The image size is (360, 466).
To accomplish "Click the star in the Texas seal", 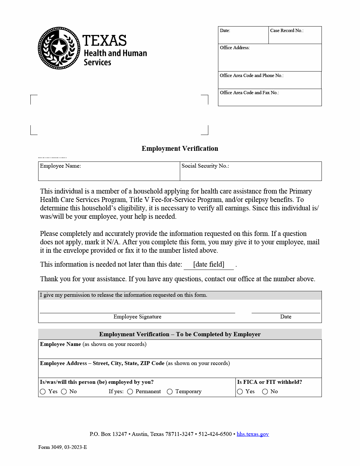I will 59,48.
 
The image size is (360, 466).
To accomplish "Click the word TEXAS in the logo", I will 104,41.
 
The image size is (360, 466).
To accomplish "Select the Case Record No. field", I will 295,36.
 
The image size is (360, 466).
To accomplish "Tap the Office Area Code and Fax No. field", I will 270,99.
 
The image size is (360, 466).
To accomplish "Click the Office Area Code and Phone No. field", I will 270,82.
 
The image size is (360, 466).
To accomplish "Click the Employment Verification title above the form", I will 180,149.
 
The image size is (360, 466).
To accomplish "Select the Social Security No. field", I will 251,173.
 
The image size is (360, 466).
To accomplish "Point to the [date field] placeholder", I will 209,264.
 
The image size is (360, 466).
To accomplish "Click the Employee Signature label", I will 137,317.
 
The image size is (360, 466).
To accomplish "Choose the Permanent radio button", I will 130,392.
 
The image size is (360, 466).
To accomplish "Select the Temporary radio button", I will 170,392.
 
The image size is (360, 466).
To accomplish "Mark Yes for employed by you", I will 43,392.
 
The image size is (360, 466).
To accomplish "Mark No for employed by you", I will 64,392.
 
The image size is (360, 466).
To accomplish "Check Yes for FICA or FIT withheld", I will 240,392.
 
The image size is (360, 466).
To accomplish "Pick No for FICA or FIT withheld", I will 265,392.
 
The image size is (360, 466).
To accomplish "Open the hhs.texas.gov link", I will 253,434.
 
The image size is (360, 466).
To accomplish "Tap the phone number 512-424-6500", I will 215,434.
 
